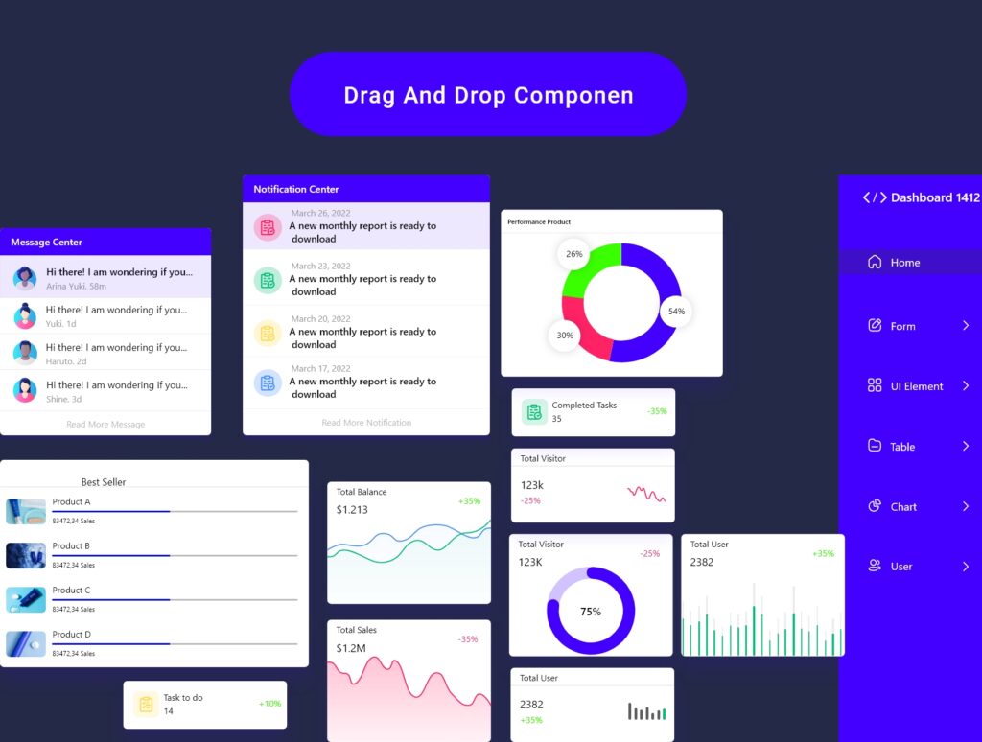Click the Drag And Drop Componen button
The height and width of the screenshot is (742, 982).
click(x=488, y=95)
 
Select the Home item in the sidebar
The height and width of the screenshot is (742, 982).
click(x=904, y=263)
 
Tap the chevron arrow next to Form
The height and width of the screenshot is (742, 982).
click(x=966, y=326)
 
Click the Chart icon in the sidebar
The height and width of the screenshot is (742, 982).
click(x=875, y=506)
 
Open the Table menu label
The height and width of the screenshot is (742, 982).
click(x=902, y=447)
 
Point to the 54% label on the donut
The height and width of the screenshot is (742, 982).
click(x=676, y=312)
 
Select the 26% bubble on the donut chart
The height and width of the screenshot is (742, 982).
click(x=573, y=254)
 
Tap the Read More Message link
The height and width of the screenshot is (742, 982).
click(x=105, y=424)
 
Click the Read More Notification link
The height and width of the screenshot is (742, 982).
click(x=366, y=423)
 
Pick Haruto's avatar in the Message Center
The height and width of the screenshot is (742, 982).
click(x=25, y=353)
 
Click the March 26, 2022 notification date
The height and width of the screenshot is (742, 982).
click(x=320, y=214)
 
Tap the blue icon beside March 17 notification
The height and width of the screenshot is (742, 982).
click(x=268, y=383)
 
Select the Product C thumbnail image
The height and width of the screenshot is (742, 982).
click(x=26, y=600)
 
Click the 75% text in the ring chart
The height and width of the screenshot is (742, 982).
click(x=591, y=612)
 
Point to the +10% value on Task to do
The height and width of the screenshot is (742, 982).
click(x=269, y=704)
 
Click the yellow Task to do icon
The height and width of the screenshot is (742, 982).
click(x=146, y=705)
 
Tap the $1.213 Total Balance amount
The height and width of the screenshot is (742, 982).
click(x=352, y=509)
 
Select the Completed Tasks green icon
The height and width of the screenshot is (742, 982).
click(x=534, y=412)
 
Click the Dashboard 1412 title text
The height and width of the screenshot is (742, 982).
click(x=935, y=197)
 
